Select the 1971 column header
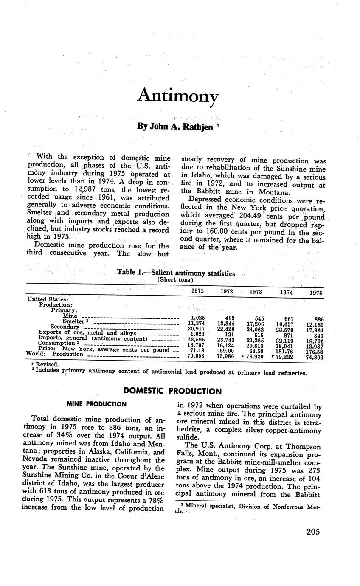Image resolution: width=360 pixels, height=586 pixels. point(197,291)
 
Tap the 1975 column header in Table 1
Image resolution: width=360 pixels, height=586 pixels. point(315,293)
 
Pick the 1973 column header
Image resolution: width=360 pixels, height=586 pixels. point(256,292)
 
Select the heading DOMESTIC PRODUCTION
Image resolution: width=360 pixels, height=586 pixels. point(172,391)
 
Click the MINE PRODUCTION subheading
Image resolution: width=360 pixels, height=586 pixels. point(96,404)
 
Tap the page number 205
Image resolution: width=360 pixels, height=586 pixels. point(312,532)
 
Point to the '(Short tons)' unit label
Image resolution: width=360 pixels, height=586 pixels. point(175,280)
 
